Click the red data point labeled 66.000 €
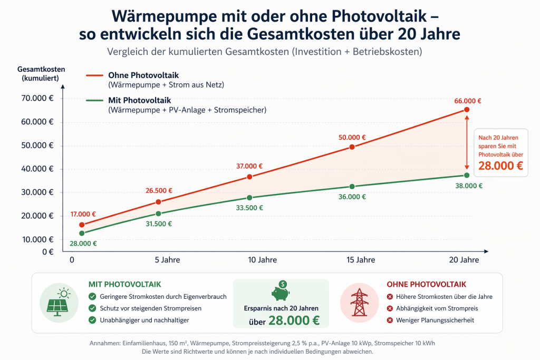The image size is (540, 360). coord(467,110)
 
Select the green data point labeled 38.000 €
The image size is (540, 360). coord(467,175)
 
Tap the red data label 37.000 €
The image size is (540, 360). coord(249,166)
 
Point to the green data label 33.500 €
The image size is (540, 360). coord(249,208)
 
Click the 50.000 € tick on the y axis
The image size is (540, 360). coord(37,145)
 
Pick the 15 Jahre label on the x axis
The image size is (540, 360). coord(361,260)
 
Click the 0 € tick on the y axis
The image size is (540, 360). coord(48,252)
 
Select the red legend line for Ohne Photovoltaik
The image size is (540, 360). coord(94,75)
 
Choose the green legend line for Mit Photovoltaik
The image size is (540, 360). coord(94,101)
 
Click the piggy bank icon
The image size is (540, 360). coord(281,291)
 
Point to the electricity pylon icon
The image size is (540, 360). coord(359,303)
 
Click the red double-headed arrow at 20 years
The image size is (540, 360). coord(467,142)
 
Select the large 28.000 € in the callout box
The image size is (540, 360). coord(501,166)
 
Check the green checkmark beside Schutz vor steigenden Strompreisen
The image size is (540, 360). coord(92,308)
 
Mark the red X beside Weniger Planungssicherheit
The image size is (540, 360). coord(390,320)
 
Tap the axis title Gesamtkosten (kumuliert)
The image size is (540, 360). coord(41,74)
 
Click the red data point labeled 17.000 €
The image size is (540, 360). coord(82,225)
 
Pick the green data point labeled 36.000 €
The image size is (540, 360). coord(352,187)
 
